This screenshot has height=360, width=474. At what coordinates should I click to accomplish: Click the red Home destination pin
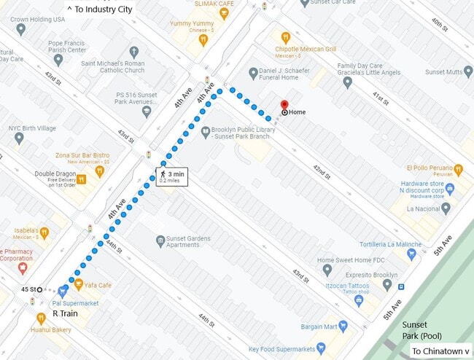click(x=284, y=104)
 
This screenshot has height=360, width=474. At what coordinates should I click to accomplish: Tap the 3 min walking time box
click(x=171, y=176)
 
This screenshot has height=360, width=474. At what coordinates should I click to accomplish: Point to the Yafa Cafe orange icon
click(x=79, y=285)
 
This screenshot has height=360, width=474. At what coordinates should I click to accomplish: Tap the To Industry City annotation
click(x=100, y=9)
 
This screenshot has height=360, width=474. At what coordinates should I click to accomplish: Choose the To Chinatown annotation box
click(x=440, y=351)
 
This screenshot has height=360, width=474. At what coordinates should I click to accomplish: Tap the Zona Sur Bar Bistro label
click(x=82, y=155)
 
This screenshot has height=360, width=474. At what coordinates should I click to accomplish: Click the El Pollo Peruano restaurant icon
click(x=458, y=171)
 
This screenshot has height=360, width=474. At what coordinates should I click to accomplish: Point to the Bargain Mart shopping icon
click(x=343, y=325)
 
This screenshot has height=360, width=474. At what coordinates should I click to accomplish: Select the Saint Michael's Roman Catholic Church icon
click(x=133, y=52)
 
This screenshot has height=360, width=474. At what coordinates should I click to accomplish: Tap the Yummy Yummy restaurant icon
click(x=203, y=39)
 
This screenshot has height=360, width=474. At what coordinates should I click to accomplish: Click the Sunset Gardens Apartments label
click(x=177, y=241)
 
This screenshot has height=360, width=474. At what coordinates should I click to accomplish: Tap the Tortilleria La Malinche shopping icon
click(x=412, y=254)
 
